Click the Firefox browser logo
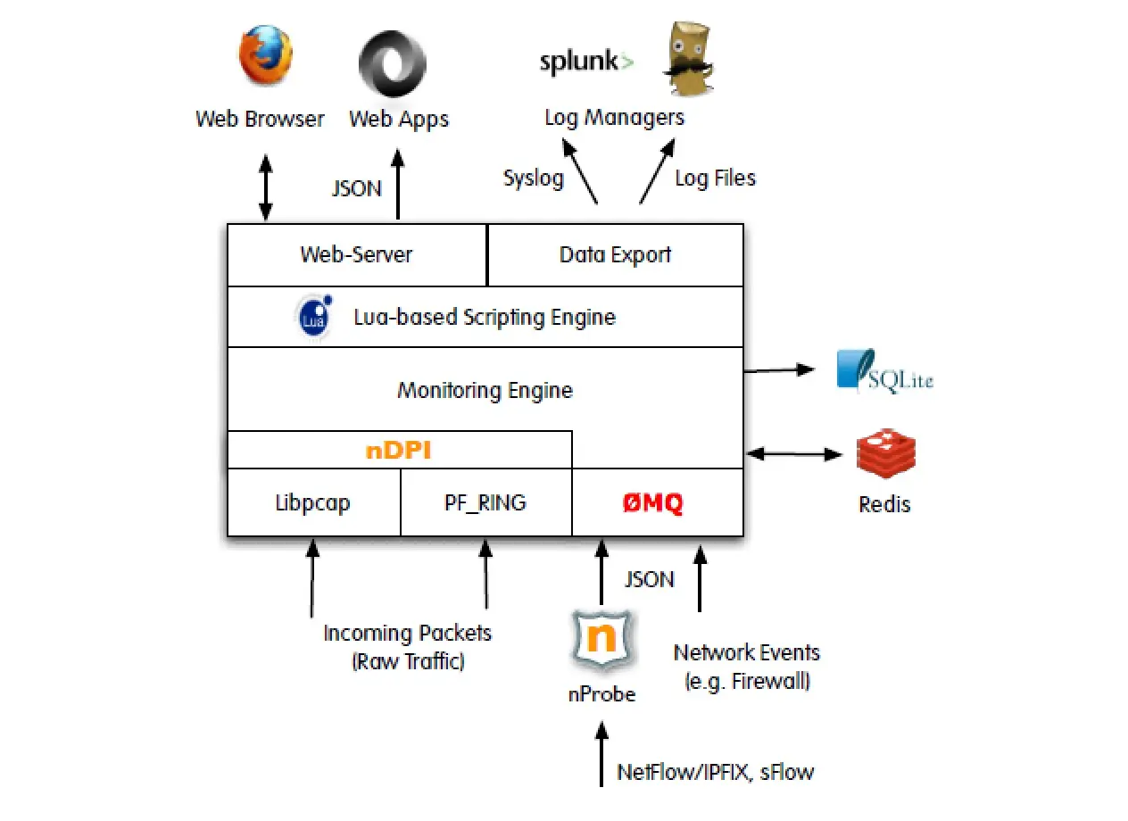(x=266, y=55)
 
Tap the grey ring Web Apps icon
(x=393, y=63)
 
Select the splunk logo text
(x=586, y=62)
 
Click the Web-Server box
(x=358, y=255)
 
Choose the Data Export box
(x=616, y=255)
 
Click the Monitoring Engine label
(x=485, y=390)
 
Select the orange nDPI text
(x=398, y=451)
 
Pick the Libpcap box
(x=314, y=502)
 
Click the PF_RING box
(x=486, y=502)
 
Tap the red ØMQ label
(x=653, y=502)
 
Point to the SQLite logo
(x=884, y=371)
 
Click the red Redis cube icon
(x=886, y=453)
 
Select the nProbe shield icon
(x=602, y=640)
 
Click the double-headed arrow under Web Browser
(x=266, y=187)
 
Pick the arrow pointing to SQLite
(x=780, y=370)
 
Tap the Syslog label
(x=534, y=178)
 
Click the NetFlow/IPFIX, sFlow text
(x=716, y=772)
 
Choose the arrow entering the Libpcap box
(x=312, y=578)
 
